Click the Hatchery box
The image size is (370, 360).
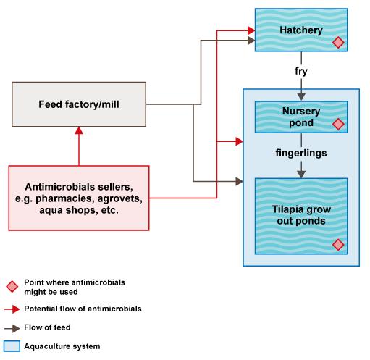coord(300,30)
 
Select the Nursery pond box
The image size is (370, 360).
coord(300,117)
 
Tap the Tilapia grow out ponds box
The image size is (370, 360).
coord(300,216)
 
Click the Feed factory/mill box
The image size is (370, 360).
coord(78,104)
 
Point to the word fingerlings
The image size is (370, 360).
coord(301,153)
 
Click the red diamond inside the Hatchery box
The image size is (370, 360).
coord(337,43)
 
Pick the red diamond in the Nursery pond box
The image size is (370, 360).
coord(337,125)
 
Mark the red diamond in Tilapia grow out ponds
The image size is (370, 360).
coord(337,245)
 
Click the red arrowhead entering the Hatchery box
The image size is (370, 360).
coord(250,30)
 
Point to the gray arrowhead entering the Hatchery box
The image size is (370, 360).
coord(250,42)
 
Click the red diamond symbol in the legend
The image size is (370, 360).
coord(12,286)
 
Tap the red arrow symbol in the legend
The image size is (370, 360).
coord(12,309)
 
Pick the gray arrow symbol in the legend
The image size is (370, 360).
coord(12,328)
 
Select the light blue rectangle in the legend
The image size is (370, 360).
coord(12,346)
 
